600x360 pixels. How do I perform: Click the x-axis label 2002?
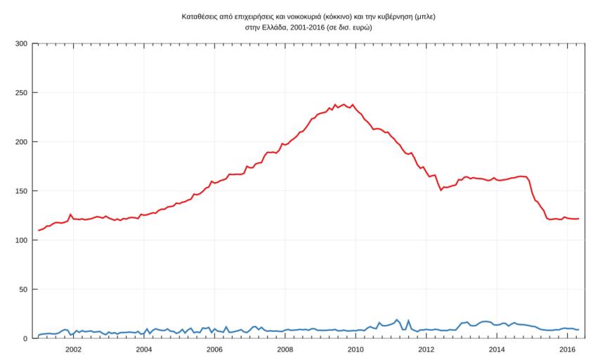pos(73,349)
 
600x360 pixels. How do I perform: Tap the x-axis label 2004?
pos(143,349)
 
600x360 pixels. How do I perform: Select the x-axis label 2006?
pos(214,349)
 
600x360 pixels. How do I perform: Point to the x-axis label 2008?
pos(285,349)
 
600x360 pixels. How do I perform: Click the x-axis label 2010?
pos(356,349)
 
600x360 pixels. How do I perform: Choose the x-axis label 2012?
pos(426,349)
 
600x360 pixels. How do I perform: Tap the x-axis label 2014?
pos(497,349)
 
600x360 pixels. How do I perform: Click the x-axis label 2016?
pos(567,349)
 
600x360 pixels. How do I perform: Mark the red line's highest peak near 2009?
pos(335,105)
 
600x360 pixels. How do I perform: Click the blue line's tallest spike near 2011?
pos(398,320)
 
